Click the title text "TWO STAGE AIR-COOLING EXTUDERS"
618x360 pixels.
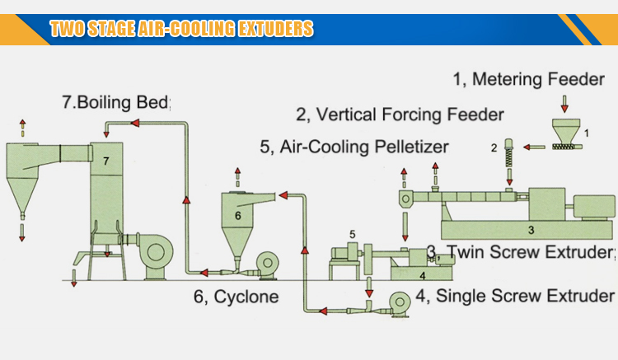tap(181, 30)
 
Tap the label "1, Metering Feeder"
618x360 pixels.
tap(521, 80)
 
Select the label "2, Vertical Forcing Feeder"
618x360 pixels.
tap(400, 114)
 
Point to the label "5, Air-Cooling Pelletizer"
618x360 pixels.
tap(353, 147)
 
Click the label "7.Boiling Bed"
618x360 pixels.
tap(115, 104)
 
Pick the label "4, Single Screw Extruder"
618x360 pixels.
tap(515, 295)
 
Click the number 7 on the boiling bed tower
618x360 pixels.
tap(105, 162)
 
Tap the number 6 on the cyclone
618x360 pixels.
tap(238, 215)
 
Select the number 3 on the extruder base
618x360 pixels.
tap(531, 229)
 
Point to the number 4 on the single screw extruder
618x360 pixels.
tap(421, 274)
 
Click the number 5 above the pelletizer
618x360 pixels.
tap(352, 235)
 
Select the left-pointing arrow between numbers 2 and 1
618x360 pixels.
tap(536, 147)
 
